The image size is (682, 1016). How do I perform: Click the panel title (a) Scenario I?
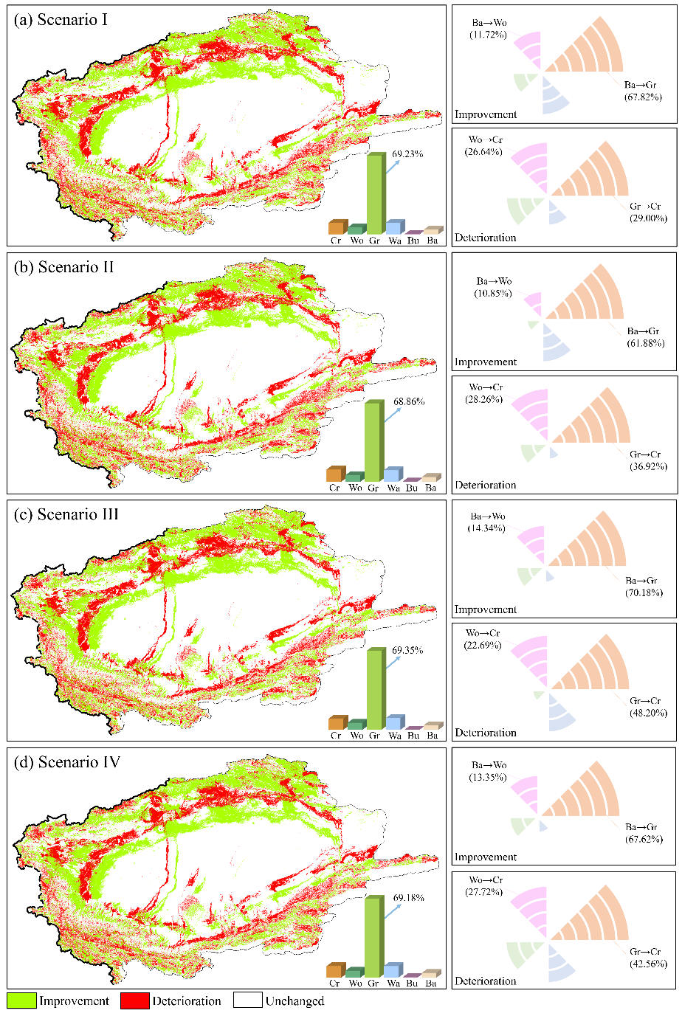[61, 20]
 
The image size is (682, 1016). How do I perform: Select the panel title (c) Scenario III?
[66, 514]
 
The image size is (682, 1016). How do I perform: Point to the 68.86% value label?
[409, 402]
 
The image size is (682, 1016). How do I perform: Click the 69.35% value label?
[407, 650]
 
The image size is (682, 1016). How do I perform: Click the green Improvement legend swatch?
[21, 1001]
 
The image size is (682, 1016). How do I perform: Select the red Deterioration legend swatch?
[134, 1001]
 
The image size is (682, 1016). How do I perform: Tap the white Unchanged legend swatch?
[247, 1001]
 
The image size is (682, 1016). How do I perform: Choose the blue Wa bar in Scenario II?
[393, 474]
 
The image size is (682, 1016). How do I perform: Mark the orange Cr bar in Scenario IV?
[335, 970]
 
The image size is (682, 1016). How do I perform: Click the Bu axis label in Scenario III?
[413, 735]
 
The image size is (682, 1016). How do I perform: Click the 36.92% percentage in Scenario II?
[648, 466]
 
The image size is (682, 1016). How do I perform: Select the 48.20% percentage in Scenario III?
[648, 713]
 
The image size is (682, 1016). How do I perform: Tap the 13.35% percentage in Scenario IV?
[488, 777]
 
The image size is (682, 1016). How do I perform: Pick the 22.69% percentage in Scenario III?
[483, 645]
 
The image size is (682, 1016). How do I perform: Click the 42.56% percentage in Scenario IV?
[648, 964]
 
